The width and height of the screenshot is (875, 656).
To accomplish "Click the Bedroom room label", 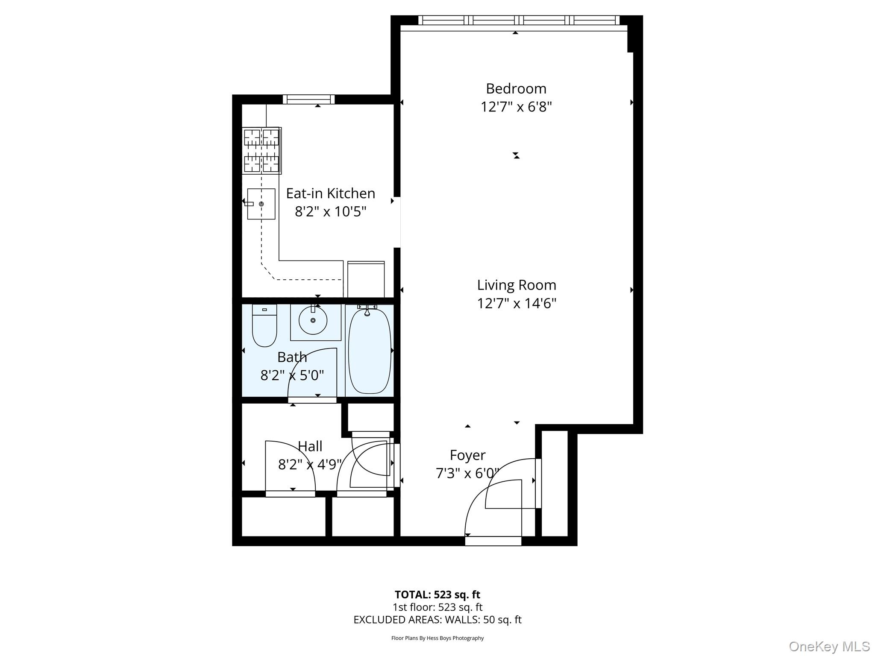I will pyautogui.click(x=516, y=88).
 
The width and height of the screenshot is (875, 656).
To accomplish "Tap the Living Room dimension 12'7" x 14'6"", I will pyautogui.click(x=517, y=303).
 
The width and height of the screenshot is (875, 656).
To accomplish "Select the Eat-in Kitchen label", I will pyautogui.click(x=330, y=193).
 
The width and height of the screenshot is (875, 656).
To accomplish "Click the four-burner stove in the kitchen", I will pyautogui.click(x=261, y=150).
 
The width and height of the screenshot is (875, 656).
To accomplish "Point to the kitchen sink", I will pyautogui.click(x=261, y=204).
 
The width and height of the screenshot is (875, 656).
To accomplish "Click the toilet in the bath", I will pyautogui.click(x=264, y=326).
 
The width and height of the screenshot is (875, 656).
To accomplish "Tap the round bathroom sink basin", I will pyautogui.click(x=313, y=320).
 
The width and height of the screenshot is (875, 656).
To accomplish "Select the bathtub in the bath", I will pyautogui.click(x=370, y=350).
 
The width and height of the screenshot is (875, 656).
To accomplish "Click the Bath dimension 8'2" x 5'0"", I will pyautogui.click(x=292, y=375).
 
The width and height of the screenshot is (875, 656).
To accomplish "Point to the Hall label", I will pyautogui.click(x=310, y=446).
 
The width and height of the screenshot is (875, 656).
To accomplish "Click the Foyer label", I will pyautogui.click(x=467, y=455).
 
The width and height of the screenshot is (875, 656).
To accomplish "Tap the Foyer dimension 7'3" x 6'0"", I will pyautogui.click(x=467, y=473).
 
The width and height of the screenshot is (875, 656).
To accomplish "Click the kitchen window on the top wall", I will pyautogui.click(x=308, y=99).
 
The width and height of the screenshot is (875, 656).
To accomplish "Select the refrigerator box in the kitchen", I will pyautogui.click(x=366, y=279).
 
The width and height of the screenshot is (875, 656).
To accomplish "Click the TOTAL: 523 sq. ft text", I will pyautogui.click(x=437, y=594).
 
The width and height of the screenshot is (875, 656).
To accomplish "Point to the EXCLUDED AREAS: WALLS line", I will pyautogui.click(x=437, y=620).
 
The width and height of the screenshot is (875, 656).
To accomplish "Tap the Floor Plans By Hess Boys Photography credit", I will pyautogui.click(x=437, y=638).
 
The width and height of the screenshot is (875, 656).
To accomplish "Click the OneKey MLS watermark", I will pyautogui.click(x=829, y=647).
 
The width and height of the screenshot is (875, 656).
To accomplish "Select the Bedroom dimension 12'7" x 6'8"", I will pyautogui.click(x=516, y=107).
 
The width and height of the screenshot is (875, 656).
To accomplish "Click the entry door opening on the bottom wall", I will pyautogui.click(x=493, y=541).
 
